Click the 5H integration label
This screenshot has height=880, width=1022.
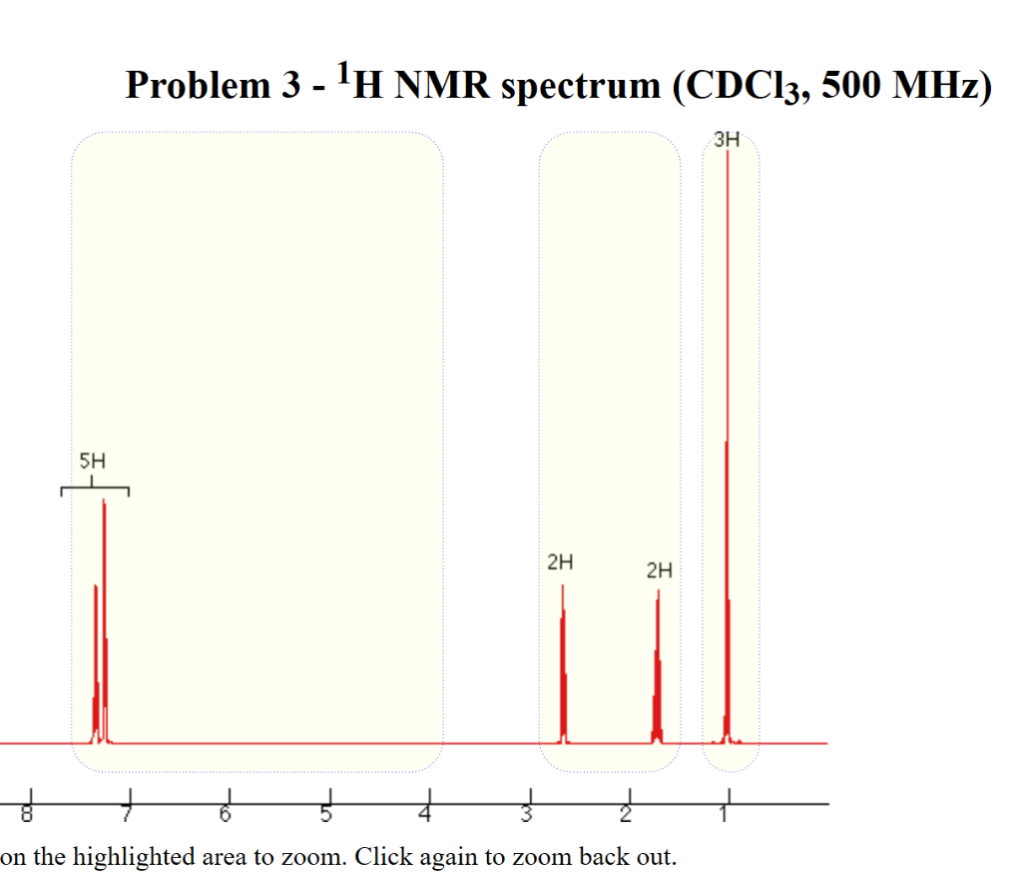point(92,461)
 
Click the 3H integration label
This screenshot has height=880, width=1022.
point(728,141)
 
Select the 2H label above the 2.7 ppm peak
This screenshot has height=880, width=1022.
point(561,561)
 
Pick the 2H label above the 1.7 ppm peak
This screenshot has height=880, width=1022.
point(659,571)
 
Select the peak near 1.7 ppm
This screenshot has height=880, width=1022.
point(657,669)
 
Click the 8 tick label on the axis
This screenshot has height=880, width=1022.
point(28,815)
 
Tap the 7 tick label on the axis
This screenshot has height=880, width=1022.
point(127,815)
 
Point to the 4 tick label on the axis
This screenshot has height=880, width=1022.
point(426,815)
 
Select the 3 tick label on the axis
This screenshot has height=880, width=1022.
point(526,815)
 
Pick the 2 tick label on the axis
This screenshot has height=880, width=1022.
point(626,815)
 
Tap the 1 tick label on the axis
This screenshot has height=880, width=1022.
point(726,815)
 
